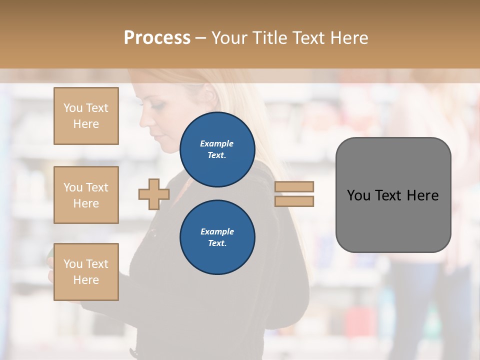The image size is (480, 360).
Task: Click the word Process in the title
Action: (x=157, y=38)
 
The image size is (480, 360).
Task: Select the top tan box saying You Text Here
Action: (x=86, y=116)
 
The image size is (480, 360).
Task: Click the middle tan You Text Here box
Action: (x=86, y=195)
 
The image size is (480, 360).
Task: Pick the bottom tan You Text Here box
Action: (x=86, y=272)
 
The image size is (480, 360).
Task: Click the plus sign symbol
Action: (x=154, y=194)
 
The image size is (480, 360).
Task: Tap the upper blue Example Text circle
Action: (x=217, y=149)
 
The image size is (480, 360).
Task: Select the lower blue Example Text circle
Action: (x=217, y=237)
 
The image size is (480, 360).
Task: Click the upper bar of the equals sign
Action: (x=294, y=186)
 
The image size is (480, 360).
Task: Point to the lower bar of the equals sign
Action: (x=294, y=201)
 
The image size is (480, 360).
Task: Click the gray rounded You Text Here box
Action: (x=393, y=195)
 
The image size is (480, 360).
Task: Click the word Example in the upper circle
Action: (x=217, y=143)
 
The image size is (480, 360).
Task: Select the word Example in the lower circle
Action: (x=217, y=231)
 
